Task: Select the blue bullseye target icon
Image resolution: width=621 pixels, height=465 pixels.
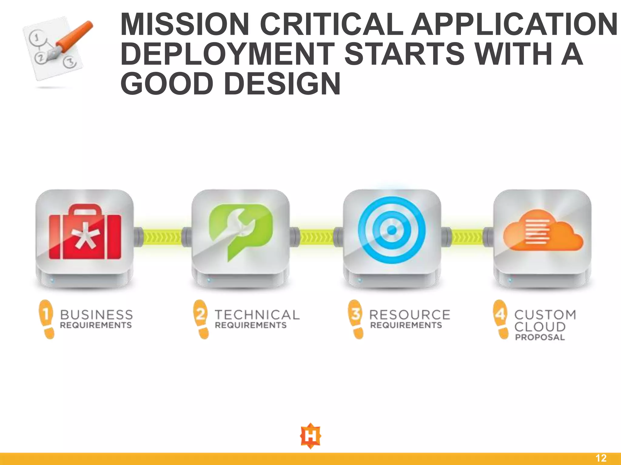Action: coord(392,230)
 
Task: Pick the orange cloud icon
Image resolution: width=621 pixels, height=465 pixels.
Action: coord(543,232)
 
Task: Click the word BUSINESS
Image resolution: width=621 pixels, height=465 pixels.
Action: coord(96,315)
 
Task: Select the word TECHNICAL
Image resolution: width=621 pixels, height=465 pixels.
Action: coord(257,315)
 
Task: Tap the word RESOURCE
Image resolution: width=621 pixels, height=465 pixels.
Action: coord(410,315)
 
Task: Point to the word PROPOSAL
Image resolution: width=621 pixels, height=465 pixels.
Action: coord(540,337)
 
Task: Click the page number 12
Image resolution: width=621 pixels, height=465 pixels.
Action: coord(601,458)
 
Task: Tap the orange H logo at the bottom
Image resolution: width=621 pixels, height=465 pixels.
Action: coord(310,436)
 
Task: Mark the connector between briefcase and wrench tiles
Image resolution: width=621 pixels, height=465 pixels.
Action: coord(163,236)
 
